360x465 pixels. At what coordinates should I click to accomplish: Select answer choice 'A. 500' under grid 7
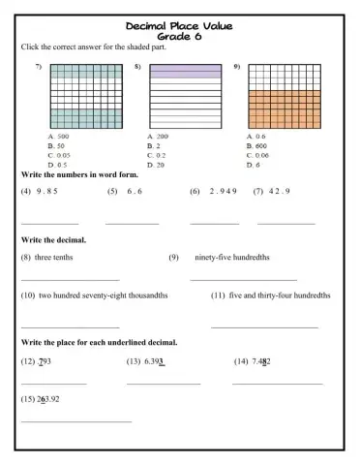(59, 137)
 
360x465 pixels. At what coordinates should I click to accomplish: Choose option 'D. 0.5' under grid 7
(59, 165)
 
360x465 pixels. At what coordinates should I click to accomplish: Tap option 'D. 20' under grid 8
(156, 165)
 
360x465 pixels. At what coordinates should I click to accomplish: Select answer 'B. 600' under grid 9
(257, 146)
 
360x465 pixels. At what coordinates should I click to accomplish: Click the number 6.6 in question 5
(135, 192)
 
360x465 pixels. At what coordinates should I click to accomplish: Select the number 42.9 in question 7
(279, 192)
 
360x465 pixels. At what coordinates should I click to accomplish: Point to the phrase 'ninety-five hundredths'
(232, 258)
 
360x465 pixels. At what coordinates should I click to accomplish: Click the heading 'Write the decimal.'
(53, 239)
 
